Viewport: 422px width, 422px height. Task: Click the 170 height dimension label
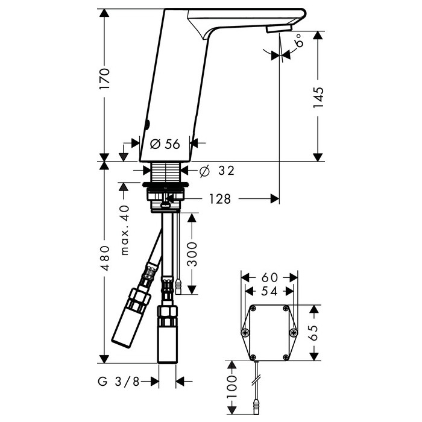pos(104,79)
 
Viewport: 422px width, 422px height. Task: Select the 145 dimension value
pos(318,98)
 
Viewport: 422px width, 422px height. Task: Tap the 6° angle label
pos(298,41)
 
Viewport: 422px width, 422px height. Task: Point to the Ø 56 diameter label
pos(165,144)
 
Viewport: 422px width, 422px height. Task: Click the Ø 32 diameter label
pos(217,171)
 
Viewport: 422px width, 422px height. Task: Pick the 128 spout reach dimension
pos(220,199)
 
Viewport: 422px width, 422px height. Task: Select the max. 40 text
pos(125,230)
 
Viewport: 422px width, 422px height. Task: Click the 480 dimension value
pos(104,258)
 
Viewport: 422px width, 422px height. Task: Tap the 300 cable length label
pos(192,254)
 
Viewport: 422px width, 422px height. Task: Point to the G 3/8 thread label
pos(118,382)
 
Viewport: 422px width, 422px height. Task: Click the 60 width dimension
pos(269,277)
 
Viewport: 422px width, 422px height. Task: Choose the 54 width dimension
pos(269,291)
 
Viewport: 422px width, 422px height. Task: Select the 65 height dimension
pos(314,333)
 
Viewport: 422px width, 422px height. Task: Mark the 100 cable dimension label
pos(231,387)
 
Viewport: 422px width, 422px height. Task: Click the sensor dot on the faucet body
pos(147,124)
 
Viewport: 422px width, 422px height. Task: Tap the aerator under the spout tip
pos(279,28)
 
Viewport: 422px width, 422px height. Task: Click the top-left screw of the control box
pos(253,309)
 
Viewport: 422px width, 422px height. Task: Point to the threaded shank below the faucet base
pos(166,172)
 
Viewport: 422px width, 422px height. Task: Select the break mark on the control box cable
pos(256,380)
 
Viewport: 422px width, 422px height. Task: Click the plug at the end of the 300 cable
pos(178,288)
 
